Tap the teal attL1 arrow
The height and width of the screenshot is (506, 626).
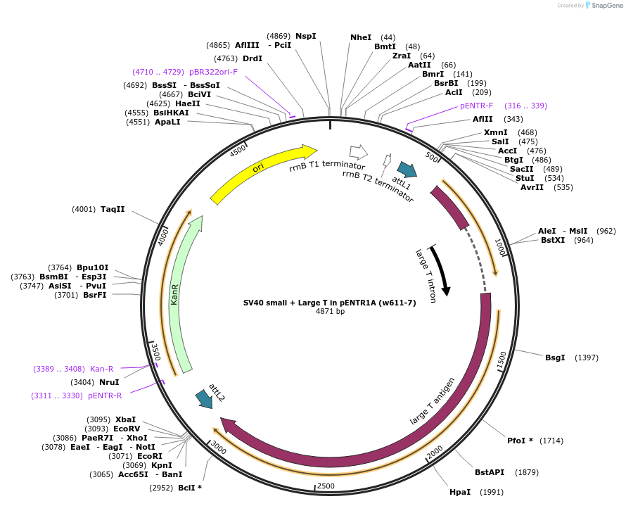pos(407,170)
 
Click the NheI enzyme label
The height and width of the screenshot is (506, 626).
pos(360,37)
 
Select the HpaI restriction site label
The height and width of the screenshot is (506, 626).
pos(460,492)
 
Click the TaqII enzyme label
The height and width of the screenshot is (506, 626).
pos(113,209)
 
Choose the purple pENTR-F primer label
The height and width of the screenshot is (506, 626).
pos(478,106)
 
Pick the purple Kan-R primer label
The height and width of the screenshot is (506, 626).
pos(102,369)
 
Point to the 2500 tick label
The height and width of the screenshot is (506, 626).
pos(326,486)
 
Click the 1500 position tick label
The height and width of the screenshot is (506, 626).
pos(501,360)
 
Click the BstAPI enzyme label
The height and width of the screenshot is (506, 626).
pos(490,472)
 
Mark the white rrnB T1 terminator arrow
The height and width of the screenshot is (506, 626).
pos(359,151)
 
